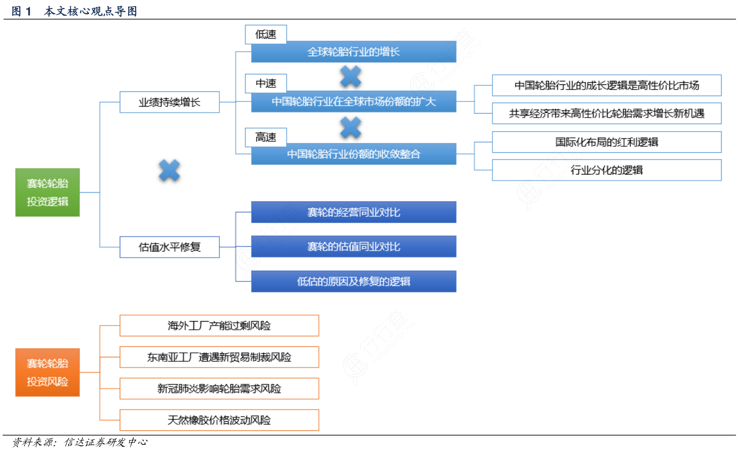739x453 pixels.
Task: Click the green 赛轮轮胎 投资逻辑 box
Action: (x=47, y=192)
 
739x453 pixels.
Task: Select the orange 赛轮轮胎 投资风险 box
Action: (x=47, y=372)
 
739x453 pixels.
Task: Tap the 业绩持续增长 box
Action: (x=169, y=102)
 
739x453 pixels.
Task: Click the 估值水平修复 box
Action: (x=169, y=247)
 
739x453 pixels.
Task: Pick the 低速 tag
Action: (x=266, y=34)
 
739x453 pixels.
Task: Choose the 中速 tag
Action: (x=266, y=83)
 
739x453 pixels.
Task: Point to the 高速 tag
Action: (x=266, y=137)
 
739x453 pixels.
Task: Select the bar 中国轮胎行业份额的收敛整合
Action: (x=354, y=154)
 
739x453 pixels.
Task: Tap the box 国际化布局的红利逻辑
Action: (x=607, y=142)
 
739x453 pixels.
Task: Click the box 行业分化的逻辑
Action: (x=607, y=170)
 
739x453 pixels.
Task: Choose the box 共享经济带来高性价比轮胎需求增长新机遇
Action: (x=607, y=114)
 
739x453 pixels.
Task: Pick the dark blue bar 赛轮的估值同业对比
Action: (x=354, y=247)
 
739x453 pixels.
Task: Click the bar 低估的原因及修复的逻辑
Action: (x=354, y=282)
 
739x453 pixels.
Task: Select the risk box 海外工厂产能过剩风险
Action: (x=219, y=325)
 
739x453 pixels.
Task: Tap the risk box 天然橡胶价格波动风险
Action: (x=219, y=420)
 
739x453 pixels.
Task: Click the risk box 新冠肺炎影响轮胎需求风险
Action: (x=219, y=389)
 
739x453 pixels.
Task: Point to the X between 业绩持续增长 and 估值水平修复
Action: (x=169, y=170)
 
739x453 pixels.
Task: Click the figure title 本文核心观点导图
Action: (x=91, y=11)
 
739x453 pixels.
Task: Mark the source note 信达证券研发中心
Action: (x=105, y=443)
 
